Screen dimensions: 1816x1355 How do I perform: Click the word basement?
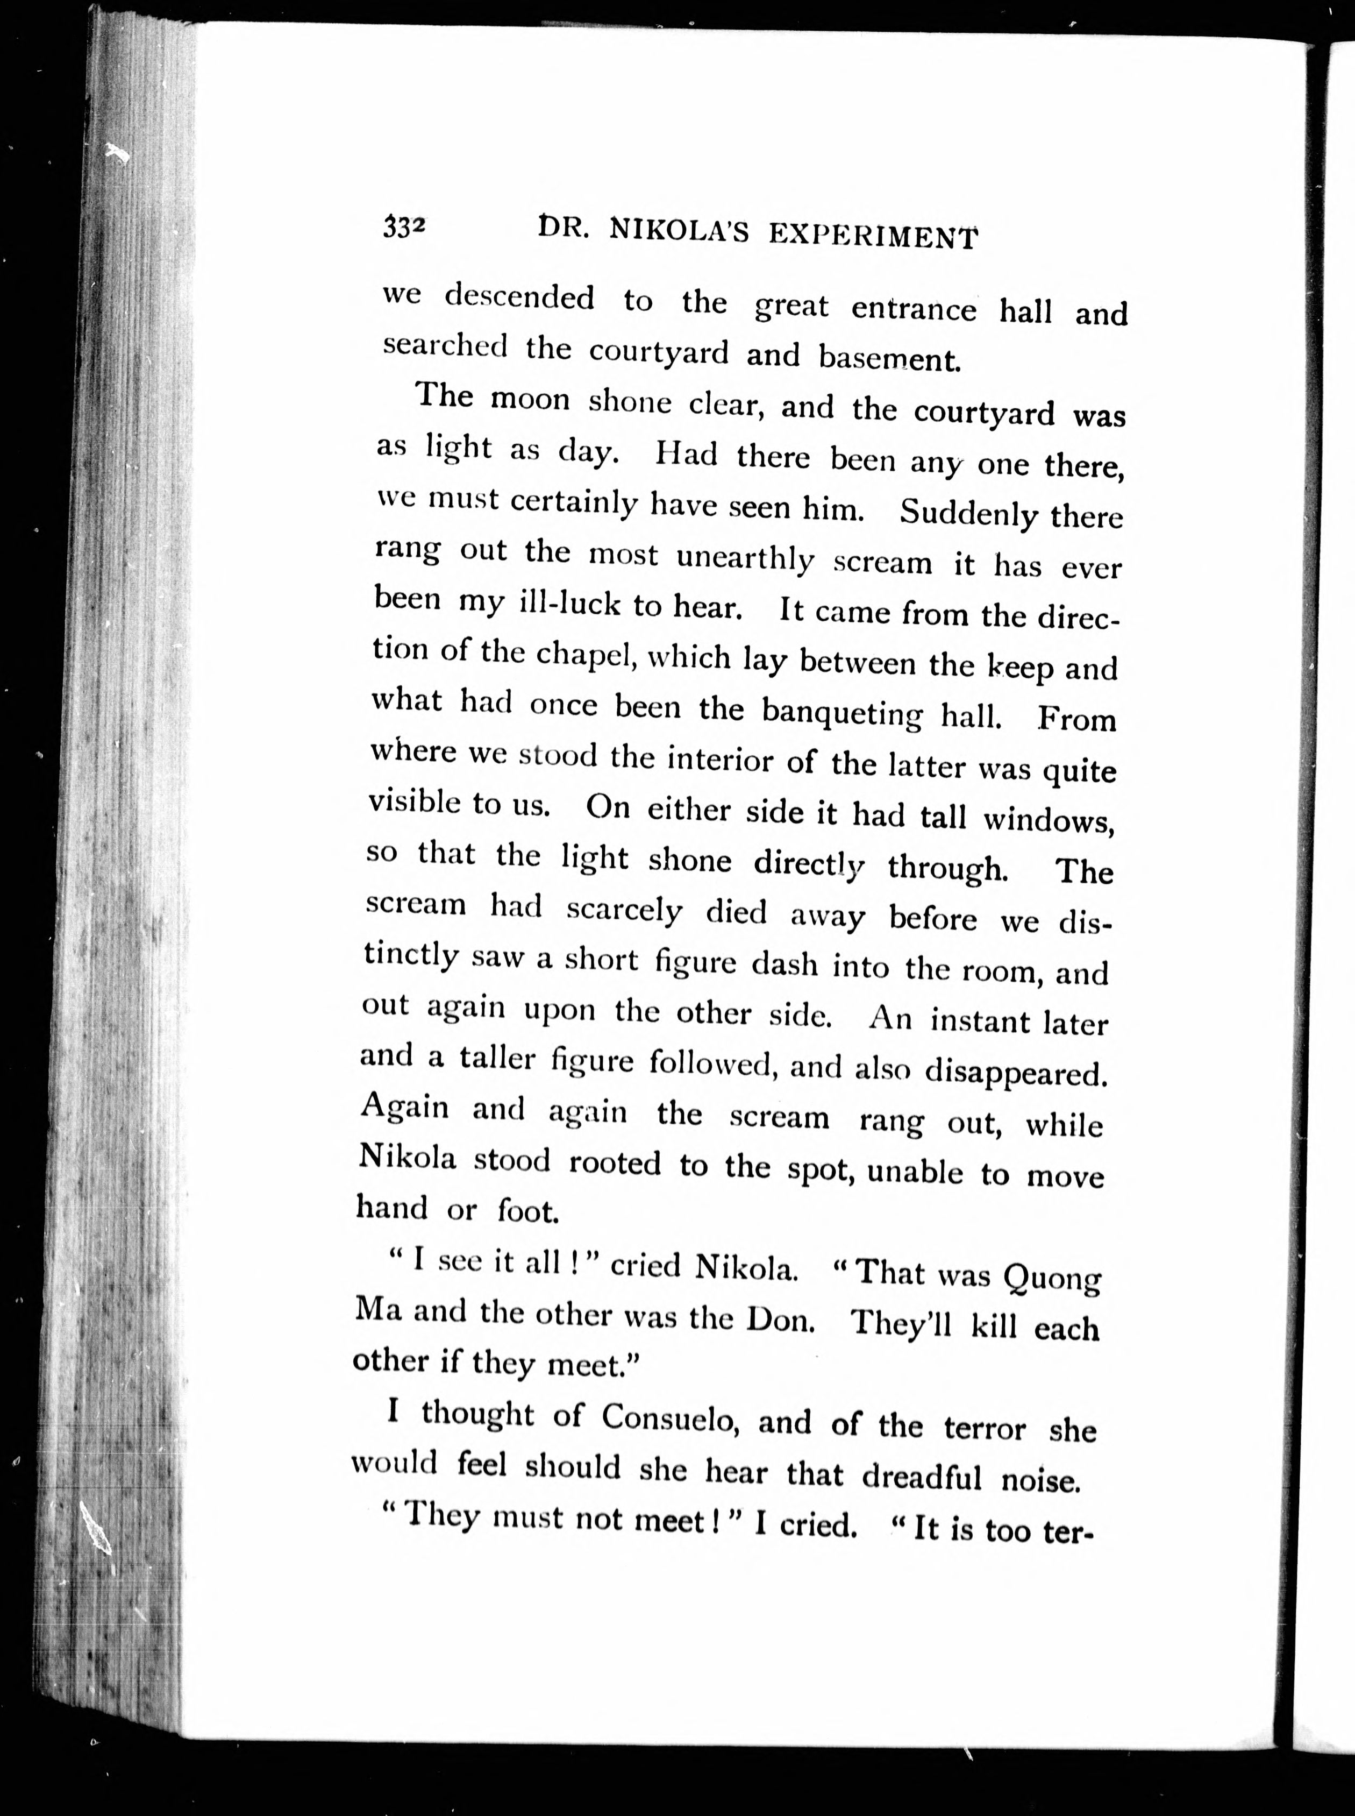coord(889,359)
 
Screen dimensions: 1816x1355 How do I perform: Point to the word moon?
coord(530,400)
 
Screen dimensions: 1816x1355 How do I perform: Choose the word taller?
coord(497,1059)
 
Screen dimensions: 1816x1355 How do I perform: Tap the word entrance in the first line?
coord(914,309)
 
